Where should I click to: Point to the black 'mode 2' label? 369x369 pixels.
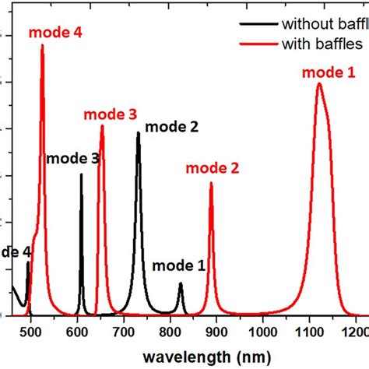(171, 126)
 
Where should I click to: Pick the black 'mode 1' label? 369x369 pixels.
(178, 265)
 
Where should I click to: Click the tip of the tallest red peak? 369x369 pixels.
(42, 45)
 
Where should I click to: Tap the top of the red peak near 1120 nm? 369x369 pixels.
(319, 84)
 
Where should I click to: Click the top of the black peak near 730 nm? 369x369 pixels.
(139, 133)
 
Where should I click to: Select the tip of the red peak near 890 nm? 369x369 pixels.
(211, 184)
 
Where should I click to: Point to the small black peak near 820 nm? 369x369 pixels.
(181, 283)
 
